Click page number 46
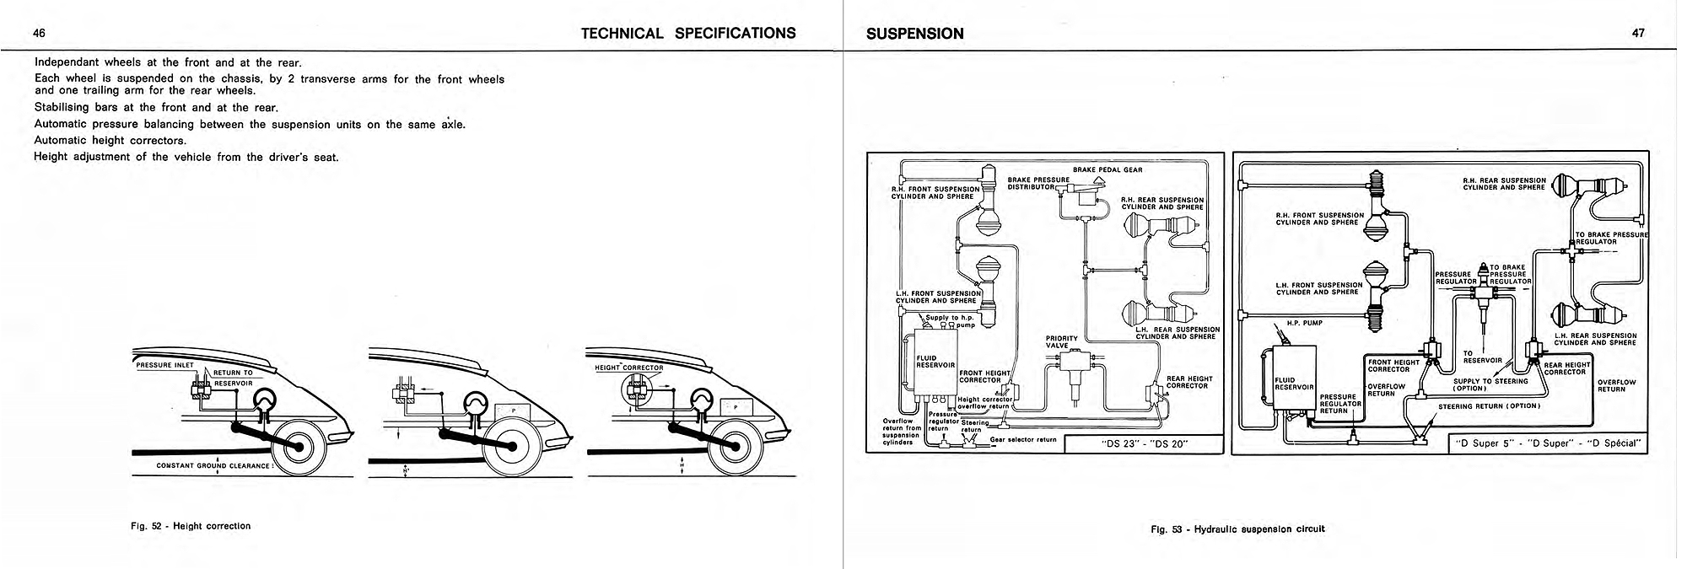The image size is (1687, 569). pos(39,34)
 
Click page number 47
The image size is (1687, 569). pos(1638,34)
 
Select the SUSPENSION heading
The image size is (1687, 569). pos(914,34)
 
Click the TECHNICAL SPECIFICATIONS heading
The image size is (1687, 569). pos(687,34)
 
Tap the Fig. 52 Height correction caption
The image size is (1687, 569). pos(191,526)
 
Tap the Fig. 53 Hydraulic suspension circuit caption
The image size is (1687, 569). pos(1237,529)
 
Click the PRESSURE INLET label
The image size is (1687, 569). pos(164,365)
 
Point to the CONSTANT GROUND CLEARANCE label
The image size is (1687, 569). pos(213,465)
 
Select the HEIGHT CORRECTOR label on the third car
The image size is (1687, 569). pos(629,368)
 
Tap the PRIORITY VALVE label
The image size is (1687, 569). pos(1061,341)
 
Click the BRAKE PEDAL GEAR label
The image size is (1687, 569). pos(1108,169)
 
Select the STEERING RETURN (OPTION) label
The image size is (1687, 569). pos(1489,406)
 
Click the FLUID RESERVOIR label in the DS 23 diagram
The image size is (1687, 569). pos(935,362)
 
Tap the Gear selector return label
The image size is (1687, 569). pos(1023,440)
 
